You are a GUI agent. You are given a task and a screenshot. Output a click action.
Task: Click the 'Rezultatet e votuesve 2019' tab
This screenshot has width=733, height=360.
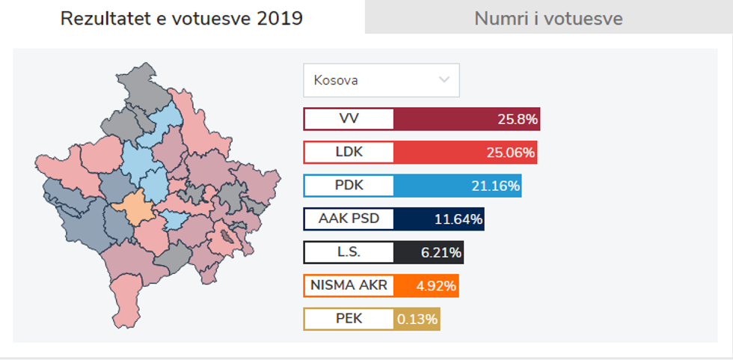click(x=182, y=18)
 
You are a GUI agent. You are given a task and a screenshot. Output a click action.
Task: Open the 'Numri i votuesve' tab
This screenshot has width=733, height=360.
click(x=548, y=18)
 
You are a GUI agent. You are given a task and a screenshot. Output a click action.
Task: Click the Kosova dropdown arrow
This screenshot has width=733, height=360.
click(x=444, y=79)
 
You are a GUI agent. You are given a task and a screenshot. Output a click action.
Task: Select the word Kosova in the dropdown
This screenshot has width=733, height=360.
click(x=336, y=80)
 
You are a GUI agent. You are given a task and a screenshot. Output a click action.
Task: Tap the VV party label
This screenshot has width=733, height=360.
click(x=349, y=119)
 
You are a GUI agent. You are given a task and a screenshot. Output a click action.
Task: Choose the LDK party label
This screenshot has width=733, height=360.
click(x=349, y=153)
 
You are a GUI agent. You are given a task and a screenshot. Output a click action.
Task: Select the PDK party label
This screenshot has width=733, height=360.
click(x=349, y=186)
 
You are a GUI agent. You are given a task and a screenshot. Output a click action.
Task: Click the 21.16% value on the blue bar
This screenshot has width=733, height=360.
click(x=496, y=186)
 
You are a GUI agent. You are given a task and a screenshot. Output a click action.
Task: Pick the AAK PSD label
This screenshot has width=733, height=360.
click(x=349, y=219)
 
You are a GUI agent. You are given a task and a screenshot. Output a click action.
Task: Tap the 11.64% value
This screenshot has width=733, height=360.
click(x=458, y=219)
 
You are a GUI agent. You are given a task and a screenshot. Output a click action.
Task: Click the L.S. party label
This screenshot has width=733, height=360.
click(x=349, y=252)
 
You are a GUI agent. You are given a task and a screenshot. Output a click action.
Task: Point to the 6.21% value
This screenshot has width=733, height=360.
click(x=441, y=252)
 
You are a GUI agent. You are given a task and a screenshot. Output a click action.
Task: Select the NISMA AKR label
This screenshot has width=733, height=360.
click(x=349, y=285)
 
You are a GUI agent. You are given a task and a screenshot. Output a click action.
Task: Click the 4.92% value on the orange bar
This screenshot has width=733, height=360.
click(x=436, y=286)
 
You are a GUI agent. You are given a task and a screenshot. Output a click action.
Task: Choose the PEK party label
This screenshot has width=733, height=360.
click(x=349, y=319)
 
